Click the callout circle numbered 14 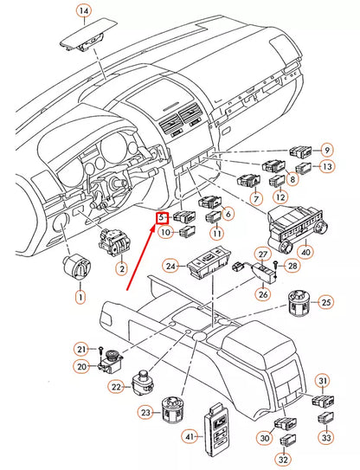tap(83, 11)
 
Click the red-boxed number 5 tap(162, 218)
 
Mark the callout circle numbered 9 tap(327, 150)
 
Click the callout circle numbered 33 tap(325, 437)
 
